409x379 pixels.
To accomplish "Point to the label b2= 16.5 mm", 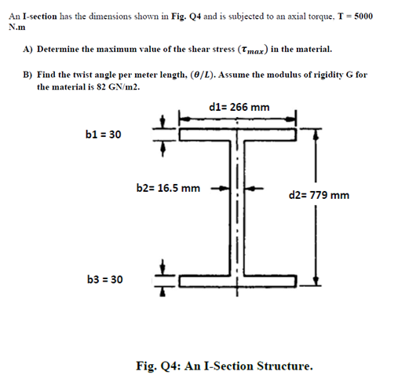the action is pyautogui.click(x=168, y=188).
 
